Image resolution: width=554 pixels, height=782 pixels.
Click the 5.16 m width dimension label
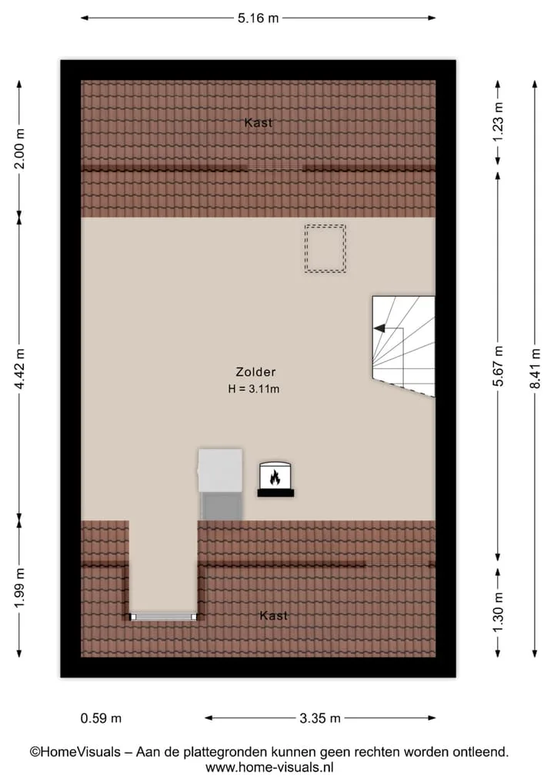[258, 18]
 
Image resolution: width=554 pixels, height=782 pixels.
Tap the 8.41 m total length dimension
[535, 368]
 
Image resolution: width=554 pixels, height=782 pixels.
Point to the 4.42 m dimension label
[19, 368]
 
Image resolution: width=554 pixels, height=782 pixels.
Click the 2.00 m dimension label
[19, 148]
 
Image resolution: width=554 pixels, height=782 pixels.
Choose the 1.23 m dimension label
[498, 122]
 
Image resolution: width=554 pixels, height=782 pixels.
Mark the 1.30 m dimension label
[498, 612]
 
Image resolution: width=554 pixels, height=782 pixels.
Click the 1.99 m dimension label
[19, 588]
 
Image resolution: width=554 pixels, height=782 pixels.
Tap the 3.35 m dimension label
[320, 718]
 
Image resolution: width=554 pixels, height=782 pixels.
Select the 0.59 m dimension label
[101, 718]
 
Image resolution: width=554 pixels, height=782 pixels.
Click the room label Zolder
[255, 372]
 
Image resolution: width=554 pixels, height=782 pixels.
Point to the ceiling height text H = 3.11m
[254, 389]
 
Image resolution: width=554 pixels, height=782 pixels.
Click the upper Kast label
[259, 123]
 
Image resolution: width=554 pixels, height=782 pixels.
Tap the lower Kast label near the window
[273, 616]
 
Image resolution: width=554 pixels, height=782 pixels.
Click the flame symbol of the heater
[275, 478]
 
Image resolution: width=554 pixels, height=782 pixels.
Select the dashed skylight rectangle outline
[325, 225]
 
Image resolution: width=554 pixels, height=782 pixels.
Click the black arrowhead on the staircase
[379, 328]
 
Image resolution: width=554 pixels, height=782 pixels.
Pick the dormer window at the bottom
[164, 617]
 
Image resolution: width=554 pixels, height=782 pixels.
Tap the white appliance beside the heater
[221, 471]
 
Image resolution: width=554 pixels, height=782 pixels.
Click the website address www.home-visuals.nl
[269, 768]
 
